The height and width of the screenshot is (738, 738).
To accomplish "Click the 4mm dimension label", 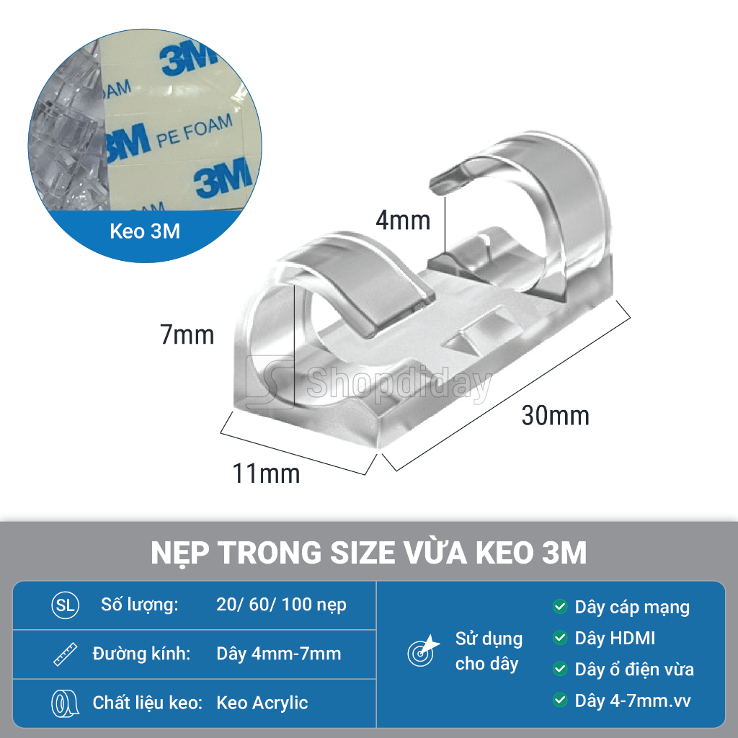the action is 403,221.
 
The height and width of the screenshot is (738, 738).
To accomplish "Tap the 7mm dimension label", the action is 187,334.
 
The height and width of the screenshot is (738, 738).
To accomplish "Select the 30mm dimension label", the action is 556,416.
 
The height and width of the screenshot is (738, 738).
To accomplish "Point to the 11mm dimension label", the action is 266,473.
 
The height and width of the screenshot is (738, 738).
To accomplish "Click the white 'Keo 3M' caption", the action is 145,231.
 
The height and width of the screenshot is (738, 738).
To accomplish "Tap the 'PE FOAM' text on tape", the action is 195,130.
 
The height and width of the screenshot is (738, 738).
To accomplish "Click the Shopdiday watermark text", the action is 399,383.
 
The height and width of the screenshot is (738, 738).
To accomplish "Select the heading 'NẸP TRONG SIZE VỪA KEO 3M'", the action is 369,552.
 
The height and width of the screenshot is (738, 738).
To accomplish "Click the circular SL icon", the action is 65,605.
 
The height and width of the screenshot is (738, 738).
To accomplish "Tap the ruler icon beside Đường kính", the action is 65,654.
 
